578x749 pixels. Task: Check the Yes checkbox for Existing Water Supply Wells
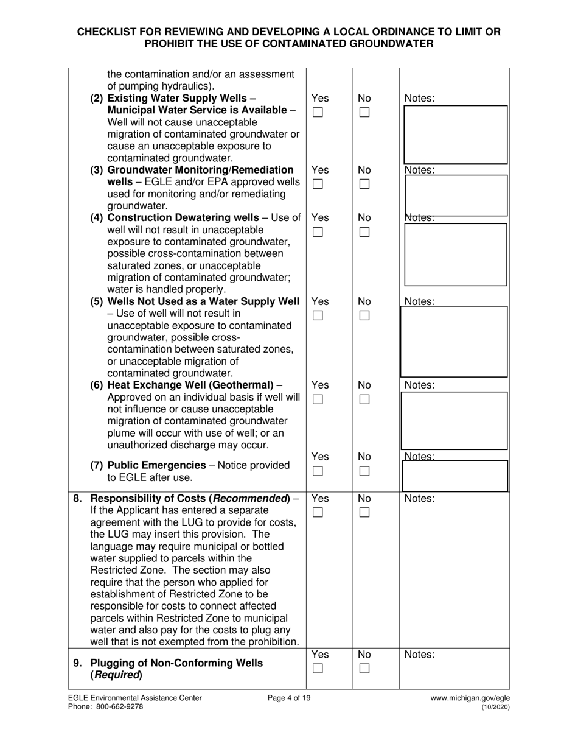[x=318, y=113]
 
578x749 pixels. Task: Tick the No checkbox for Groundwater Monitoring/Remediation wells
[x=364, y=184]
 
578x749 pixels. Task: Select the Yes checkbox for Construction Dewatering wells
[x=318, y=231]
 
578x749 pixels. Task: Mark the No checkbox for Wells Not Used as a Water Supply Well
[x=364, y=315]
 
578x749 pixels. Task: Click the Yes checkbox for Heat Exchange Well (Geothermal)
[x=318, y=399]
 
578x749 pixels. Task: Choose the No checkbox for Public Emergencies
[x=364, y=471]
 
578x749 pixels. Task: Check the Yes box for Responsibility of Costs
[x=318, y=513]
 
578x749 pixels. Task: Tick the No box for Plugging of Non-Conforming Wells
[x=364, y=669]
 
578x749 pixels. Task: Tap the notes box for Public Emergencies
[x=453, y=476]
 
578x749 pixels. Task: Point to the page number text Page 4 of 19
[x=289, y=698]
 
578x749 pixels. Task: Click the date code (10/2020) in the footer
[x=495, y=708]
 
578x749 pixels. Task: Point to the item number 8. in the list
[x=78, y=498]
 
